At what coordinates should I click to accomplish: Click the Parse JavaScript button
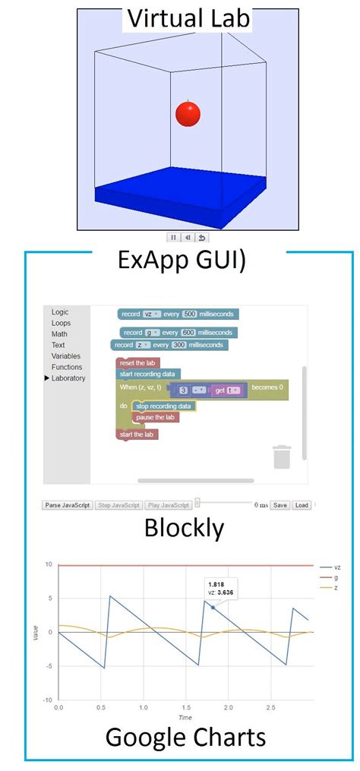(x=67, y=505)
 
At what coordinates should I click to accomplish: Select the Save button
(x=280, y=505)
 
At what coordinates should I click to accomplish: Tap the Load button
(x=302, y=505)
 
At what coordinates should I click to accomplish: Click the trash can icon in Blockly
(x=282, y=457)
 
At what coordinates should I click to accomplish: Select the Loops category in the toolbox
(x=61, y=323)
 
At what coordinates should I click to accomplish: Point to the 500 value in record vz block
(x=190, y=314)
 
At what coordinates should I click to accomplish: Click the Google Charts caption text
(x=185, y=737)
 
